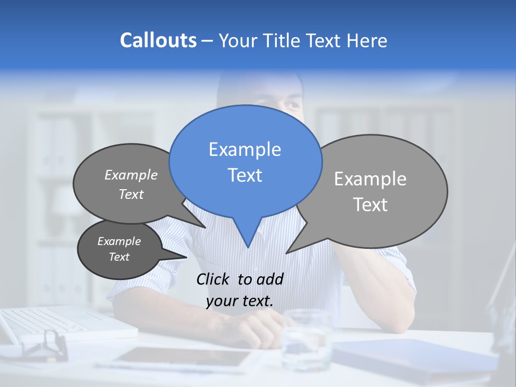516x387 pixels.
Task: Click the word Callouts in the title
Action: (158, 40)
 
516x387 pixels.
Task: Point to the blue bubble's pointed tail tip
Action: (248, 247)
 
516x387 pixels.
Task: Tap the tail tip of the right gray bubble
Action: (287, 253)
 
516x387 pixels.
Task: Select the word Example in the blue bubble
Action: (245, 149)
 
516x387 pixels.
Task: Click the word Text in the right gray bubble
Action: (370, 205)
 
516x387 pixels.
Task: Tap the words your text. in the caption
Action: (240, 301)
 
